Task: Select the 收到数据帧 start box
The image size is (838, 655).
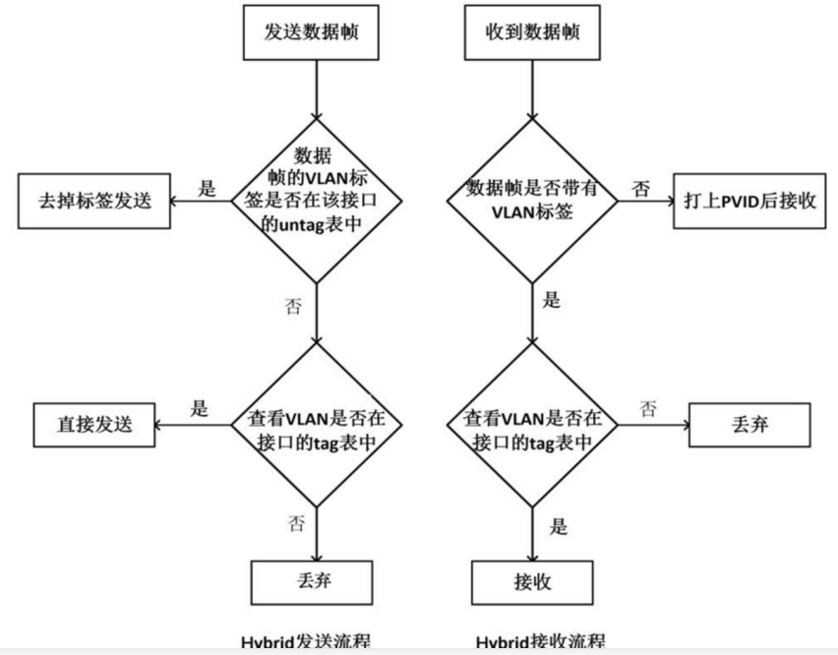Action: coord(532,31)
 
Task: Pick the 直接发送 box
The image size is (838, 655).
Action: coord(94,425)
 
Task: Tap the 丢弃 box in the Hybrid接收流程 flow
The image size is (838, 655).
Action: coord(751,425)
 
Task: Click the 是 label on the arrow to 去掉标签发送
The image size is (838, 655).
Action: coord(207,189)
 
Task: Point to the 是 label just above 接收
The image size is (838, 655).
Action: coord(558,526)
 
